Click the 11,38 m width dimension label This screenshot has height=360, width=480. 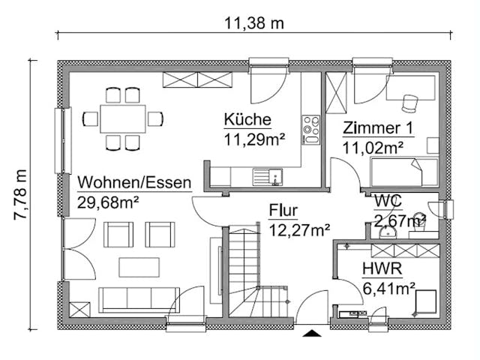[x=254, y=22]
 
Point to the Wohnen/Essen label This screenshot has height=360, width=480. [x=134, y=182]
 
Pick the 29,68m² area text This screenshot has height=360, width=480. [x=109, y=201]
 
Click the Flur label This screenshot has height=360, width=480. [x=283, y=211]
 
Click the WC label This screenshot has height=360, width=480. [x=388, y=201]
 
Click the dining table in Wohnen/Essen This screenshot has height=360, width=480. [x=124, y=118]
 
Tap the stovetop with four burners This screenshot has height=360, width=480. [x=310, y=128]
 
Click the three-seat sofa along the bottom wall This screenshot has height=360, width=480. [x=138, y=298]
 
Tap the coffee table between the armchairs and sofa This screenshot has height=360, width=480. [x=139, y=268]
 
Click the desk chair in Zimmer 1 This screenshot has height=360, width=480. [x=409, y=103]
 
